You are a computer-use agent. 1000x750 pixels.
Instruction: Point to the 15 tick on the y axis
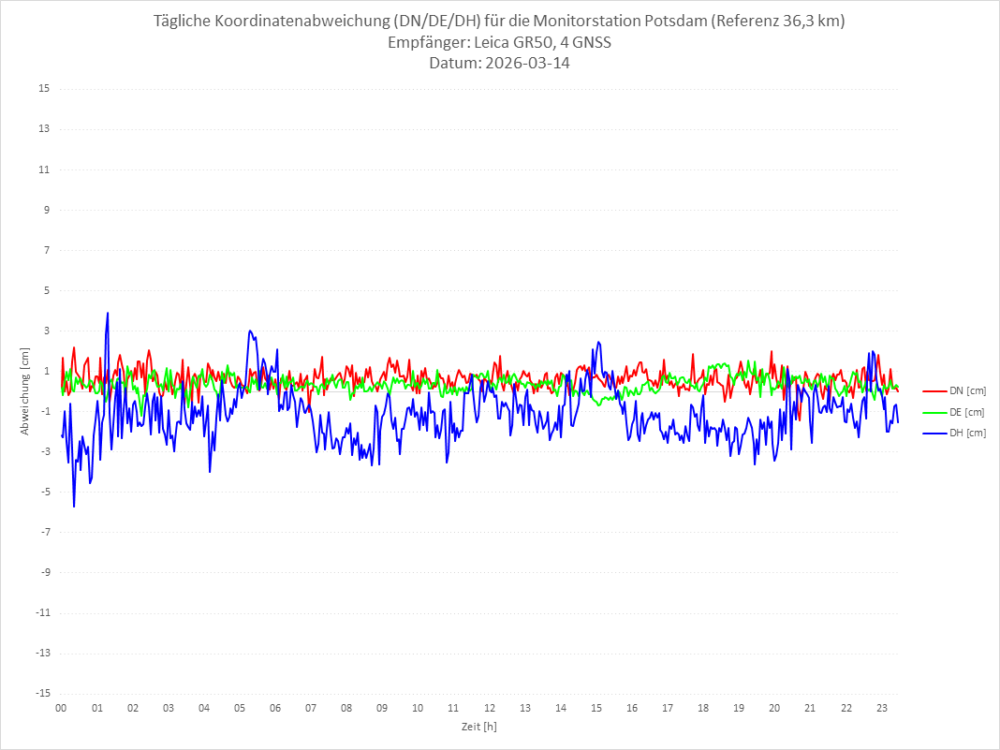[44, 89]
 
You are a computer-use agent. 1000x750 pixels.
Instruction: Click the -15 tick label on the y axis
[42, 693]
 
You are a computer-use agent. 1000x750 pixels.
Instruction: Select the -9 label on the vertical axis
[44, 572]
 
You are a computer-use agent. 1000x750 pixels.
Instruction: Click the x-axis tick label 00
[61, 708]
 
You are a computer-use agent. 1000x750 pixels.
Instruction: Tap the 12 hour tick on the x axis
[490, 708]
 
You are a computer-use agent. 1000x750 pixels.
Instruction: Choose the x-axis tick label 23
[882, 708]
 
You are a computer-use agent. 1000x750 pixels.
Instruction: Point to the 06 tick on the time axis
[275, 708]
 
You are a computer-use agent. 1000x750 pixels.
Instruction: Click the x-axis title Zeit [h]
[478, 726]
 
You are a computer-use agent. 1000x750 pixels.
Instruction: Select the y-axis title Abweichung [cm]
[25, 390]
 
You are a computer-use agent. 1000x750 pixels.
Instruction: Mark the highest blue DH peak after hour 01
[108, 314]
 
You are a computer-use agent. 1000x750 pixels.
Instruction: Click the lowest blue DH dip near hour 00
[74, 507]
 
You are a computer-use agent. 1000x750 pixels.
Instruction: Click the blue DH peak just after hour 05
[250, 331]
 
